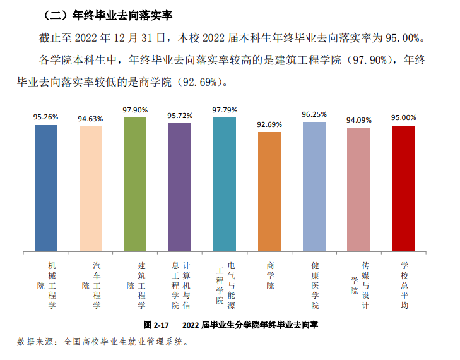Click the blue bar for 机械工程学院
pyautogui.click(x=46, y=188)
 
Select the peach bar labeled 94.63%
pyautogui.click(x=91, y=188)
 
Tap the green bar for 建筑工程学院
pyautogui.click(x=135, y=184)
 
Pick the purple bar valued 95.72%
pyautogui.click(x=180, y=187)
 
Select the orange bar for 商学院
pyautogui.click(x=269, y=191)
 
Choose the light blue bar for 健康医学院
pyautogui.click(x=314, y=186)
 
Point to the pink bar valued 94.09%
pyautogui.click(x=358, y=189)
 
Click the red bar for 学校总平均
pyautogui.click(x=403, y=188)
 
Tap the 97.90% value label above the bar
pyautogui.click(x=135, y=110)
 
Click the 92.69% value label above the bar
pyautogui.click(x=269, y=124)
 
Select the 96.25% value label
pyautogui.click(x=314, y=114)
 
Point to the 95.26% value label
pyautogui.click(x=46, y=117)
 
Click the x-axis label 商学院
pyautogui.click(x=270, y=276)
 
